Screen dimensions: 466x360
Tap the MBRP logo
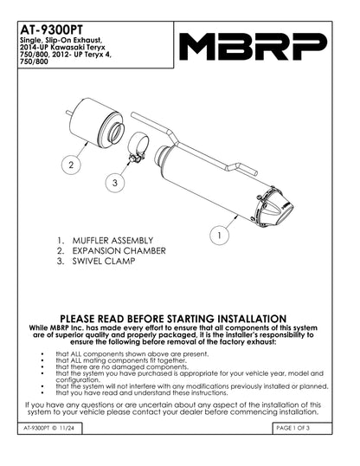253,46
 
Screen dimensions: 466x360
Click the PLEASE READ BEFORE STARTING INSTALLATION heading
179,319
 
